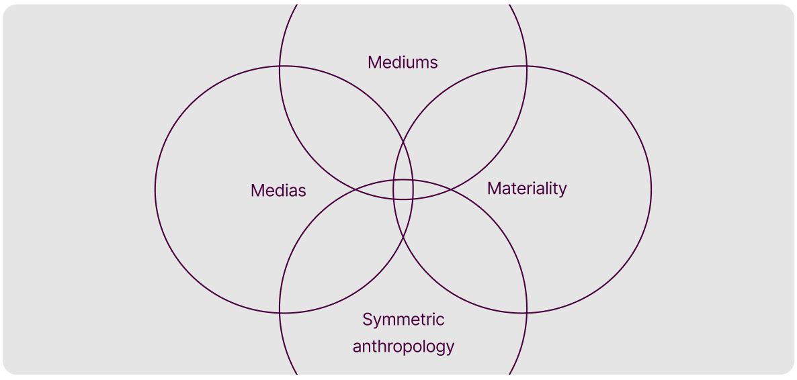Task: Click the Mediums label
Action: coord(403,62)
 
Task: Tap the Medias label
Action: coord(278,191)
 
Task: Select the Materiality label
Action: coord(527,189)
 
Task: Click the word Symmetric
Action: coord(403,320)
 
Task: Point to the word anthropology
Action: coord(403,346)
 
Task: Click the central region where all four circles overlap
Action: coord(403,189)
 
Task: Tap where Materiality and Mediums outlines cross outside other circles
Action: coord(526,66)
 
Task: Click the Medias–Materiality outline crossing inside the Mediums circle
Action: coord(403,142)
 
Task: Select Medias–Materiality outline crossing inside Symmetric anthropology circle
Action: coord(403,236)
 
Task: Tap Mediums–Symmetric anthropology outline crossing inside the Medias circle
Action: coord(356,189)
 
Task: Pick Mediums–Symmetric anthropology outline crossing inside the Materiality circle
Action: coord(450,189)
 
